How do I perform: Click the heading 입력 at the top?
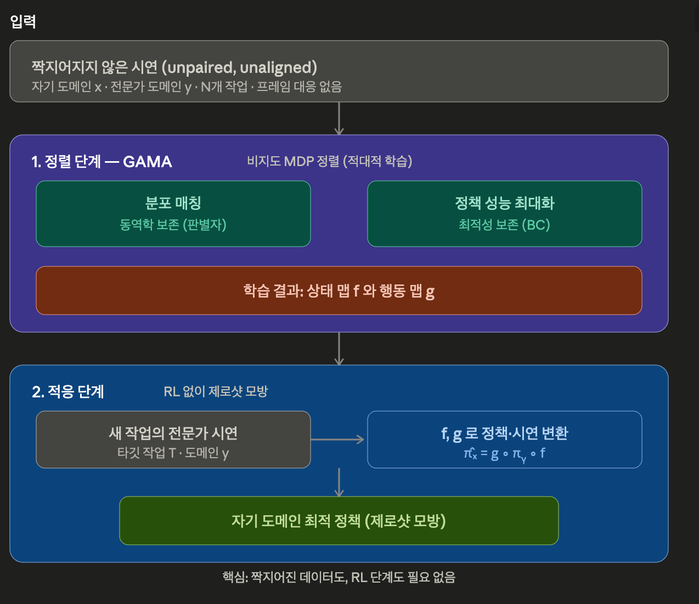pos(23,21)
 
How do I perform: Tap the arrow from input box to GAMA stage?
pos(339,118)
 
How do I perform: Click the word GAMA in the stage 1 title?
pos(148,162)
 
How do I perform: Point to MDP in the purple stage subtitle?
pos(299,161)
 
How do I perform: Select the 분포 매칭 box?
pos(173,214)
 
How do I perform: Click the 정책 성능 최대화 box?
pos(505,214)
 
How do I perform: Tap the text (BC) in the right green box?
pos(536,225)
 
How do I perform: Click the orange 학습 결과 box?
pos(339,290)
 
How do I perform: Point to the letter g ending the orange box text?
pos(430,292)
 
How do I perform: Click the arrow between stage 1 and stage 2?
pos(339,349)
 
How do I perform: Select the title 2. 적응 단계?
pos(67,392)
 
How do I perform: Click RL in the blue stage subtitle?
pos(171,391)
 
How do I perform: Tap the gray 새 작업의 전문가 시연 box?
pos(173,440)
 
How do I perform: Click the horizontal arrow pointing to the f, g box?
pos(337,440)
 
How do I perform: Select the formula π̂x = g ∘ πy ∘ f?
pos(504,454)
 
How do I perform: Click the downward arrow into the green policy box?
pos(339,482)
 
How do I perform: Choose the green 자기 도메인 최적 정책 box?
pos(339,521)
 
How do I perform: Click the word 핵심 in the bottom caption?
pos(234,577)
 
